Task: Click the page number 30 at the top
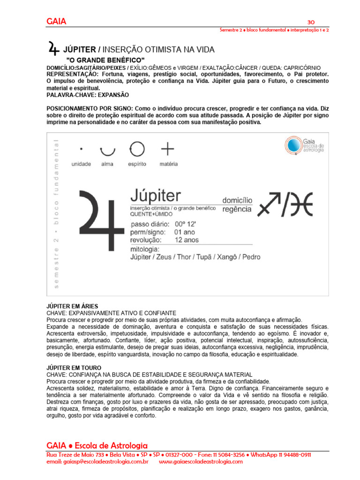click(x=310, y=22)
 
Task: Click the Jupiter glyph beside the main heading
click(x=54, y=48)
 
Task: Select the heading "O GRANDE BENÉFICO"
click(x=105, y=60)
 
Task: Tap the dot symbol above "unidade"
click(x=81, y=149)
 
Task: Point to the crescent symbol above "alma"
click(x=107, y=151)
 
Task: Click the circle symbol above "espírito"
click(x=137, y=149)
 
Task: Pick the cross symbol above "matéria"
click(x=167, y=149)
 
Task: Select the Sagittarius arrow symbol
click(x=277, y=204)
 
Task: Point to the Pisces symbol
click(x=301, y=205)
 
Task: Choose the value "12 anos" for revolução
click(x=187, y=240)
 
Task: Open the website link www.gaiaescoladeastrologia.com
click(x=201, y=462)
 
